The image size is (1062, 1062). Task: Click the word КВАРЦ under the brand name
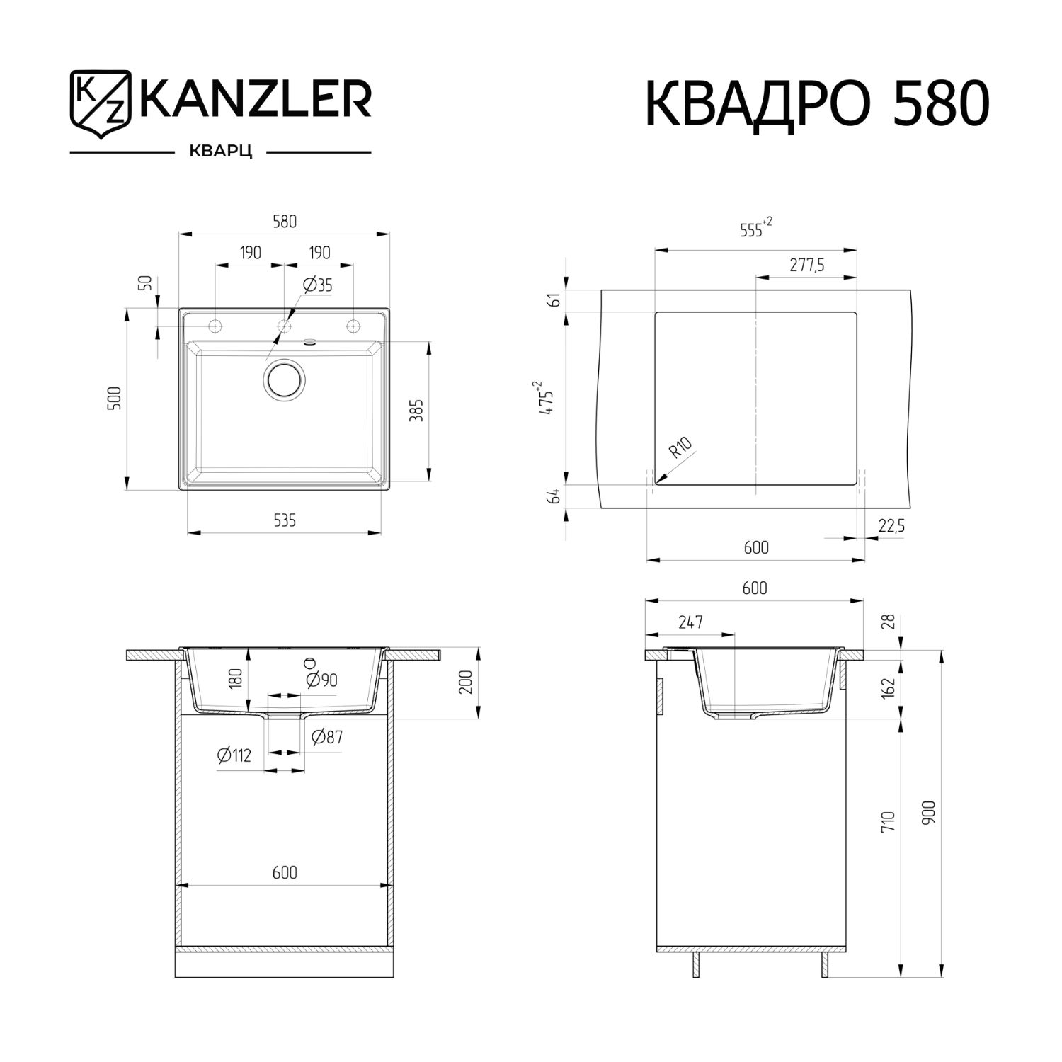pyautogui.click(x=220, y=152)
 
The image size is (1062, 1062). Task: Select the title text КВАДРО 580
pyautogui.click(x=817, y=103)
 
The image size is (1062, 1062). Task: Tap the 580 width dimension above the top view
pyautogui.click(x=285, y=221)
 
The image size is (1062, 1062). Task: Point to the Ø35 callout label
pyautogui.click(x=318, y=285)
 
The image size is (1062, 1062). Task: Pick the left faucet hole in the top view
pyautogui.click(x=215, y=326)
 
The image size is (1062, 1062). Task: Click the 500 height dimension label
pyautogui.click(x=118, y=398)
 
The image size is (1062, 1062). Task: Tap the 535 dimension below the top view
pyautogui.click(x=285, y=520)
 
